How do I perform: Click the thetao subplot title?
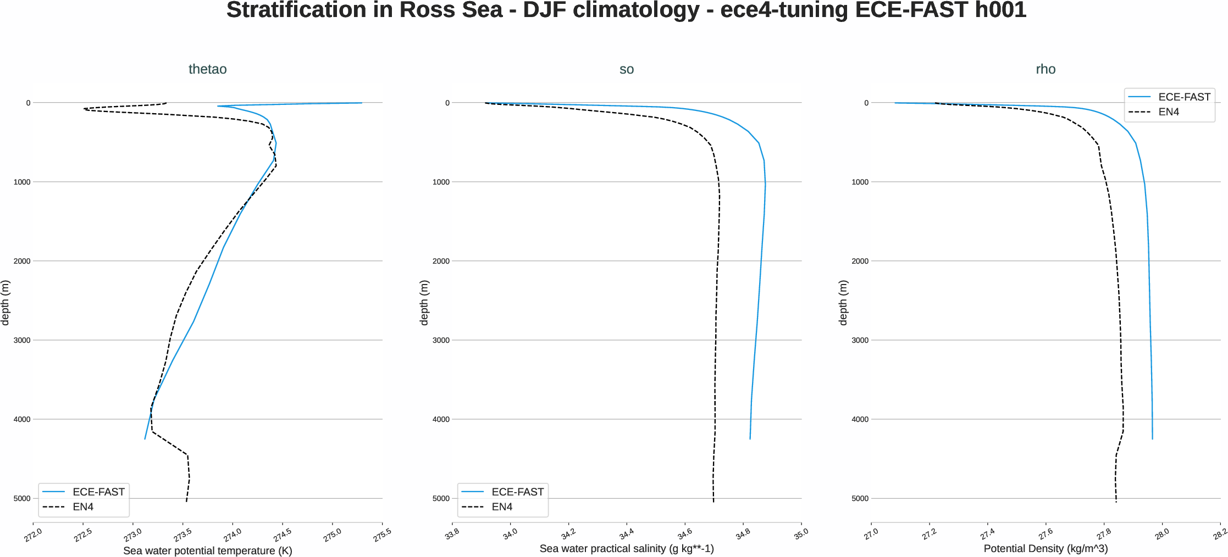tap(207, 69)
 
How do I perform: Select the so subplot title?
tap(626, 69)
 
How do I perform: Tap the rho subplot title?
tap(1046, 69)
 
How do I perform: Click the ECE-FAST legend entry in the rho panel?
tap(1183, 97)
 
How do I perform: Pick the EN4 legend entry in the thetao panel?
tap(83, 507)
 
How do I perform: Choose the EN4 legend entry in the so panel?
tap(502, 507)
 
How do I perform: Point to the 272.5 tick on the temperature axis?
tap(83, 535)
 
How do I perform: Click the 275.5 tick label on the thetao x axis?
tap(382, 535)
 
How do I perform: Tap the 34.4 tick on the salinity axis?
tap(626, 534)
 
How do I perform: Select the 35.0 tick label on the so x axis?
tap(801, 533)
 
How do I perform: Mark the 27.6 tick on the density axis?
tap(1046, 534)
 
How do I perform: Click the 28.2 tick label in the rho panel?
tap(1220, 534)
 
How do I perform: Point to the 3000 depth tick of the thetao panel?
tap(22, 341)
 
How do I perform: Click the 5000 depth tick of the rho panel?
tap(860, 499)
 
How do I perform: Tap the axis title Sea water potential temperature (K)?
tap(207, 550)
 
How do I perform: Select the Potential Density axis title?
tap(1046, 548)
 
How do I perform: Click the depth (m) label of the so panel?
tap(424, 303)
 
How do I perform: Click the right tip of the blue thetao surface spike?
tap(362, 103)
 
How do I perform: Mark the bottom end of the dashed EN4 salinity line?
tap(713, 502)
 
